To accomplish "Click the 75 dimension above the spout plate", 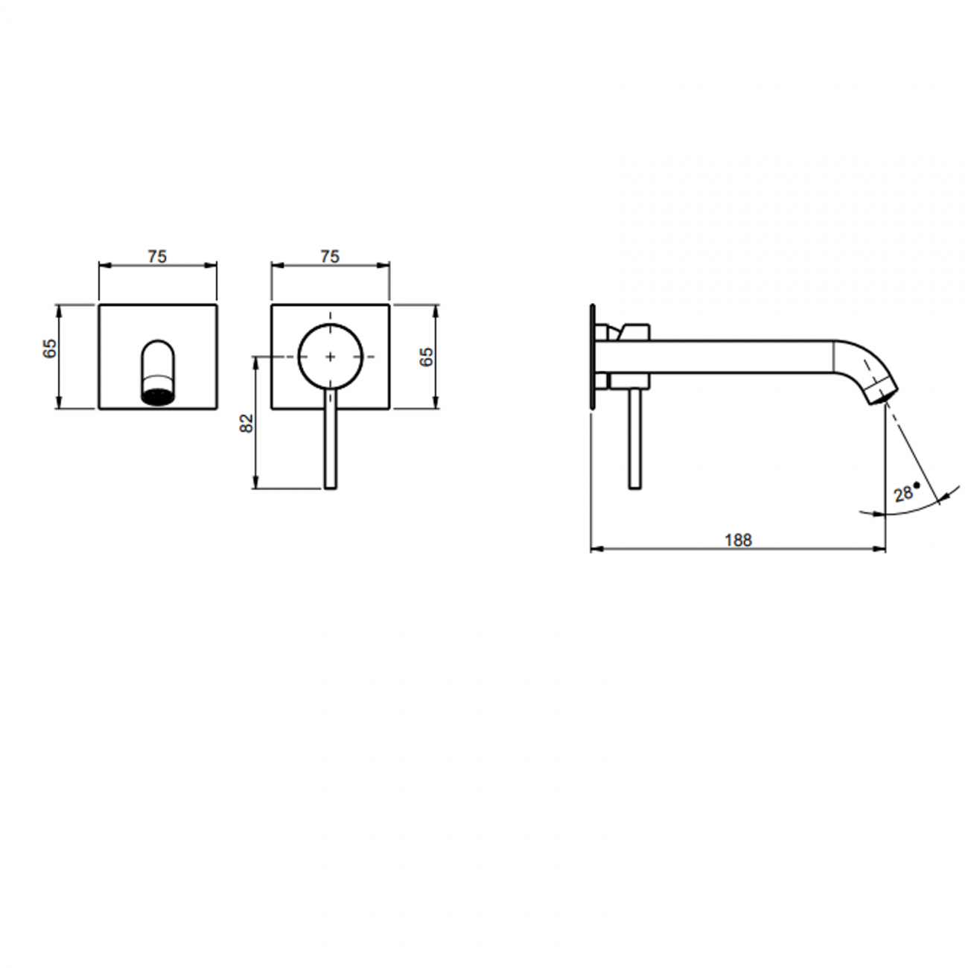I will click(157, 256).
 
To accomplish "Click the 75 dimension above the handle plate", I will click(330, 256).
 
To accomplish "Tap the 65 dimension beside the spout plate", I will click(49, 348).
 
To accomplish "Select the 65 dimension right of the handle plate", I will click(426, 357).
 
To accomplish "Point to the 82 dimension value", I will click(247, 423).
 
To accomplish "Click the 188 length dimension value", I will click(738, 540).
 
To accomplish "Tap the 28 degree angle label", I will click(904, 492).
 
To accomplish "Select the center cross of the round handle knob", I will click(331, 357).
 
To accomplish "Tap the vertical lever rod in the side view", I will click(634, 439).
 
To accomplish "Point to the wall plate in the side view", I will click(593, 357).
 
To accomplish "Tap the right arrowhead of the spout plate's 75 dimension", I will click(213, 264).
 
